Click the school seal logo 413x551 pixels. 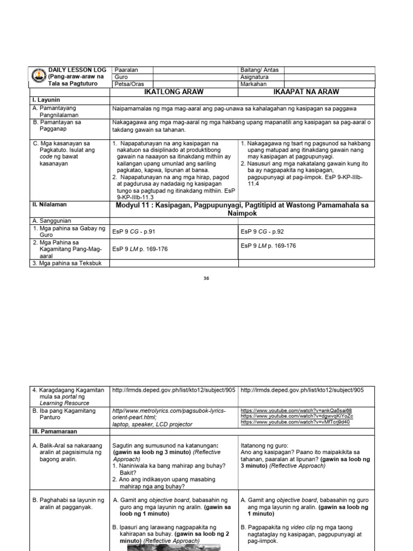pos(38,76)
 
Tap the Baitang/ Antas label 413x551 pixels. pos(260,70)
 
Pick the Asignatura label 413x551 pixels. pos(257,77)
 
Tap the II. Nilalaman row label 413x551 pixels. pos(51,204)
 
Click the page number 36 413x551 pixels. pos(206,278)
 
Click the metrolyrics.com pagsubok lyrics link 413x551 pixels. pos(169,414)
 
